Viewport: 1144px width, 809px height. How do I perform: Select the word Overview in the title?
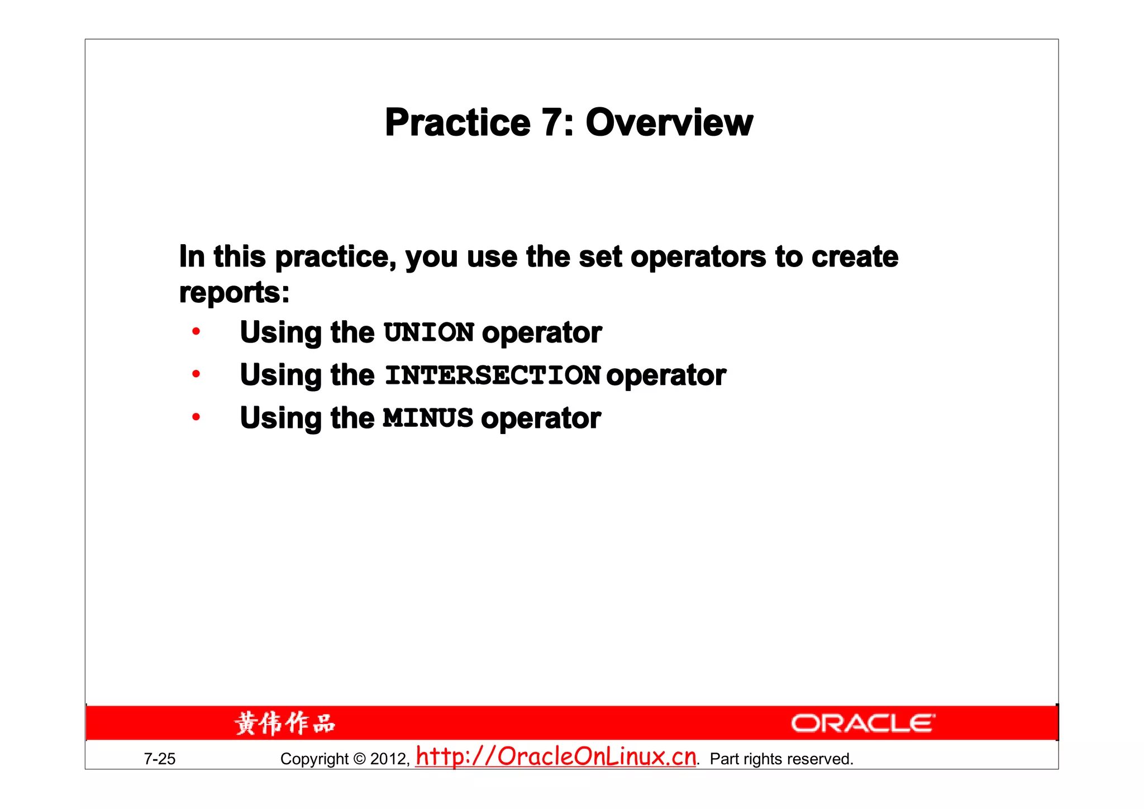click(x=669, y=123)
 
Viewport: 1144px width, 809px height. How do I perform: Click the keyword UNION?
click(x=429, y=332)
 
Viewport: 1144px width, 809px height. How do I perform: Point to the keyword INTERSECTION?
click(x=493, y=375)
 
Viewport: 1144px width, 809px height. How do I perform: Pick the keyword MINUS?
click(x=428, y=418)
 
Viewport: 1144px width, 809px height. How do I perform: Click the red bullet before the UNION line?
click(x=196, y=332)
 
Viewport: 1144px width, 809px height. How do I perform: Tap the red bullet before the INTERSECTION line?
click(x=196, y=374)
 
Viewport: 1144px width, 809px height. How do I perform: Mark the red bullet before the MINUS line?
click(x=196, y=417)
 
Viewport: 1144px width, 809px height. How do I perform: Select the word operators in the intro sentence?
click(x=698, y=257)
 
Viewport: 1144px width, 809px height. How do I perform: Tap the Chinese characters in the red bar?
click(x=285, y=724)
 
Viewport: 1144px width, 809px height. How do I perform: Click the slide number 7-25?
click(x=160, y=759)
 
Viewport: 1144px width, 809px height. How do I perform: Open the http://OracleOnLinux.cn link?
click(x=556, y=756)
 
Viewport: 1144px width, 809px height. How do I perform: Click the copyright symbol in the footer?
click(x=360, y=759)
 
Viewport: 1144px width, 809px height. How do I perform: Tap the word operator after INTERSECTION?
click(x=666, y=375)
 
